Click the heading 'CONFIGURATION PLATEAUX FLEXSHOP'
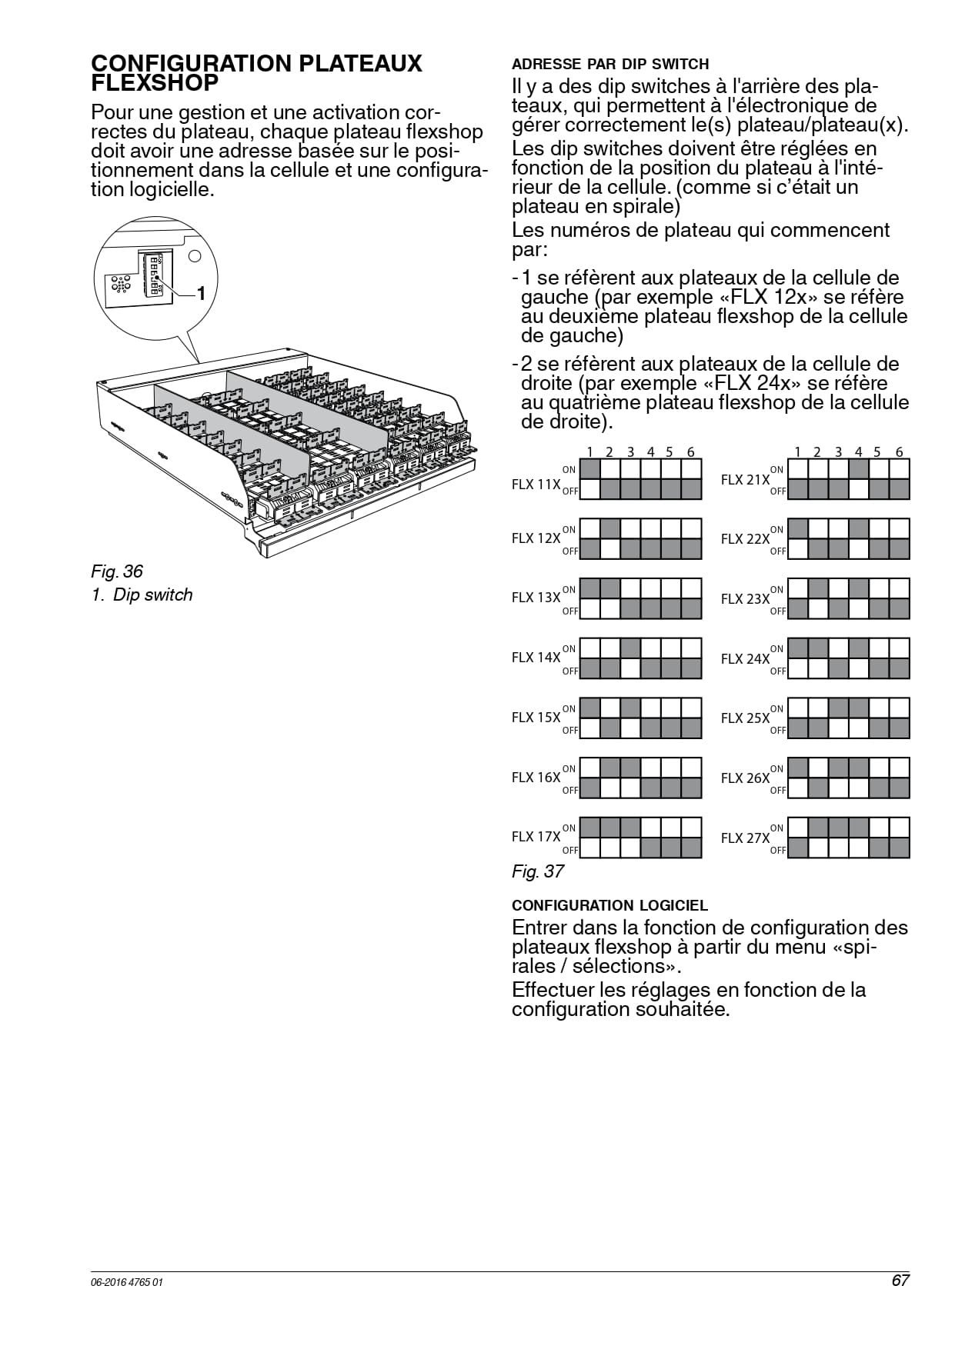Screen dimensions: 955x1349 pyautogui.click(x=256, y=72)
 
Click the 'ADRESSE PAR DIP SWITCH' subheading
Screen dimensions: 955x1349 pyautogui.click(x=610, y=64)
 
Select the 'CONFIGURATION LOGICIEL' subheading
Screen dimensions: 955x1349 pyautogui.click(x=609, y=905)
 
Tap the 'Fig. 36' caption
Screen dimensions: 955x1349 pyautogui.click(x=117, y=571)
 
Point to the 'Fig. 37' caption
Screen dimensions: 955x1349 pyautogui.click(x=538, y=871)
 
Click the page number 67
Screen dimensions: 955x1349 pyautogui.click(x=901, y=1281)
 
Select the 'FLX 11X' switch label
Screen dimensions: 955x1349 pyautogui.click(x=536, y=485)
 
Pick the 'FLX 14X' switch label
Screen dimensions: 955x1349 pyautogui.click(x=536, y=658)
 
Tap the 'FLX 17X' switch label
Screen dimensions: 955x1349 pyautogui.click(x=536, y=837)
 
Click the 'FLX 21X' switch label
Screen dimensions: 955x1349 pyautogui.click(x=745, y=480)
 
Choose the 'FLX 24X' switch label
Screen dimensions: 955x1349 pyautogui.click(x=745, y=659)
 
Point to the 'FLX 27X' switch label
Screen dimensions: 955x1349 pyautogui.click(x=745, y=838)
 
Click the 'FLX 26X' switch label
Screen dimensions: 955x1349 pyautogui.click(x=745, y=778)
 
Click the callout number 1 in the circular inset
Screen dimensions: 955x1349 pyautogui.click(x=201, y=293)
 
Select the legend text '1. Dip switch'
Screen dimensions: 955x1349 pyautogui.click(x=142, y=595)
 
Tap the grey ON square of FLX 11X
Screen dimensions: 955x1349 pyautogui.click(x=589, y=468)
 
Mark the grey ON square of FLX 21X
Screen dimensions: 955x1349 pyautogui.click(x=859, y=468)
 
